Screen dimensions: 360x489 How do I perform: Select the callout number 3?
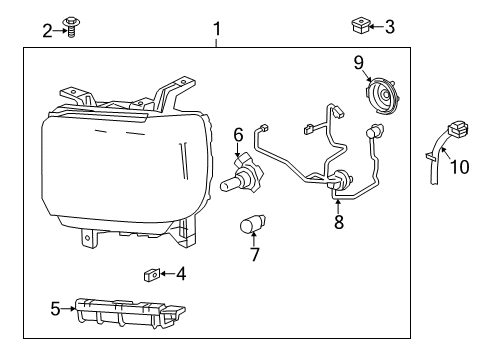(390, 27)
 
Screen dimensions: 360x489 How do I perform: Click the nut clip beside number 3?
(361, 22)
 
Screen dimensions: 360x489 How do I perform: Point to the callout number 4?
(180, 273)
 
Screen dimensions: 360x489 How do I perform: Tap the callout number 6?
(239, 133)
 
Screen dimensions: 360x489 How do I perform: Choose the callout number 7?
(254, 254)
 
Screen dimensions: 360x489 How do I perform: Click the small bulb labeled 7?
(251, 225)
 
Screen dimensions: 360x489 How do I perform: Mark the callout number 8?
(338, 223)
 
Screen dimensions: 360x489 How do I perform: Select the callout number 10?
(458, 167)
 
